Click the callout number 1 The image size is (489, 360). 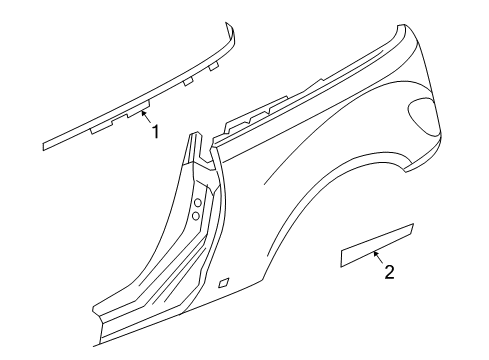tap(155, 131)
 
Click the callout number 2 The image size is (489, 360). tap(389, 271)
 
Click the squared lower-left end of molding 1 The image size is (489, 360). tap(46, 143)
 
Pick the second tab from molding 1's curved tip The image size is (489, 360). tap(188, 82)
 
